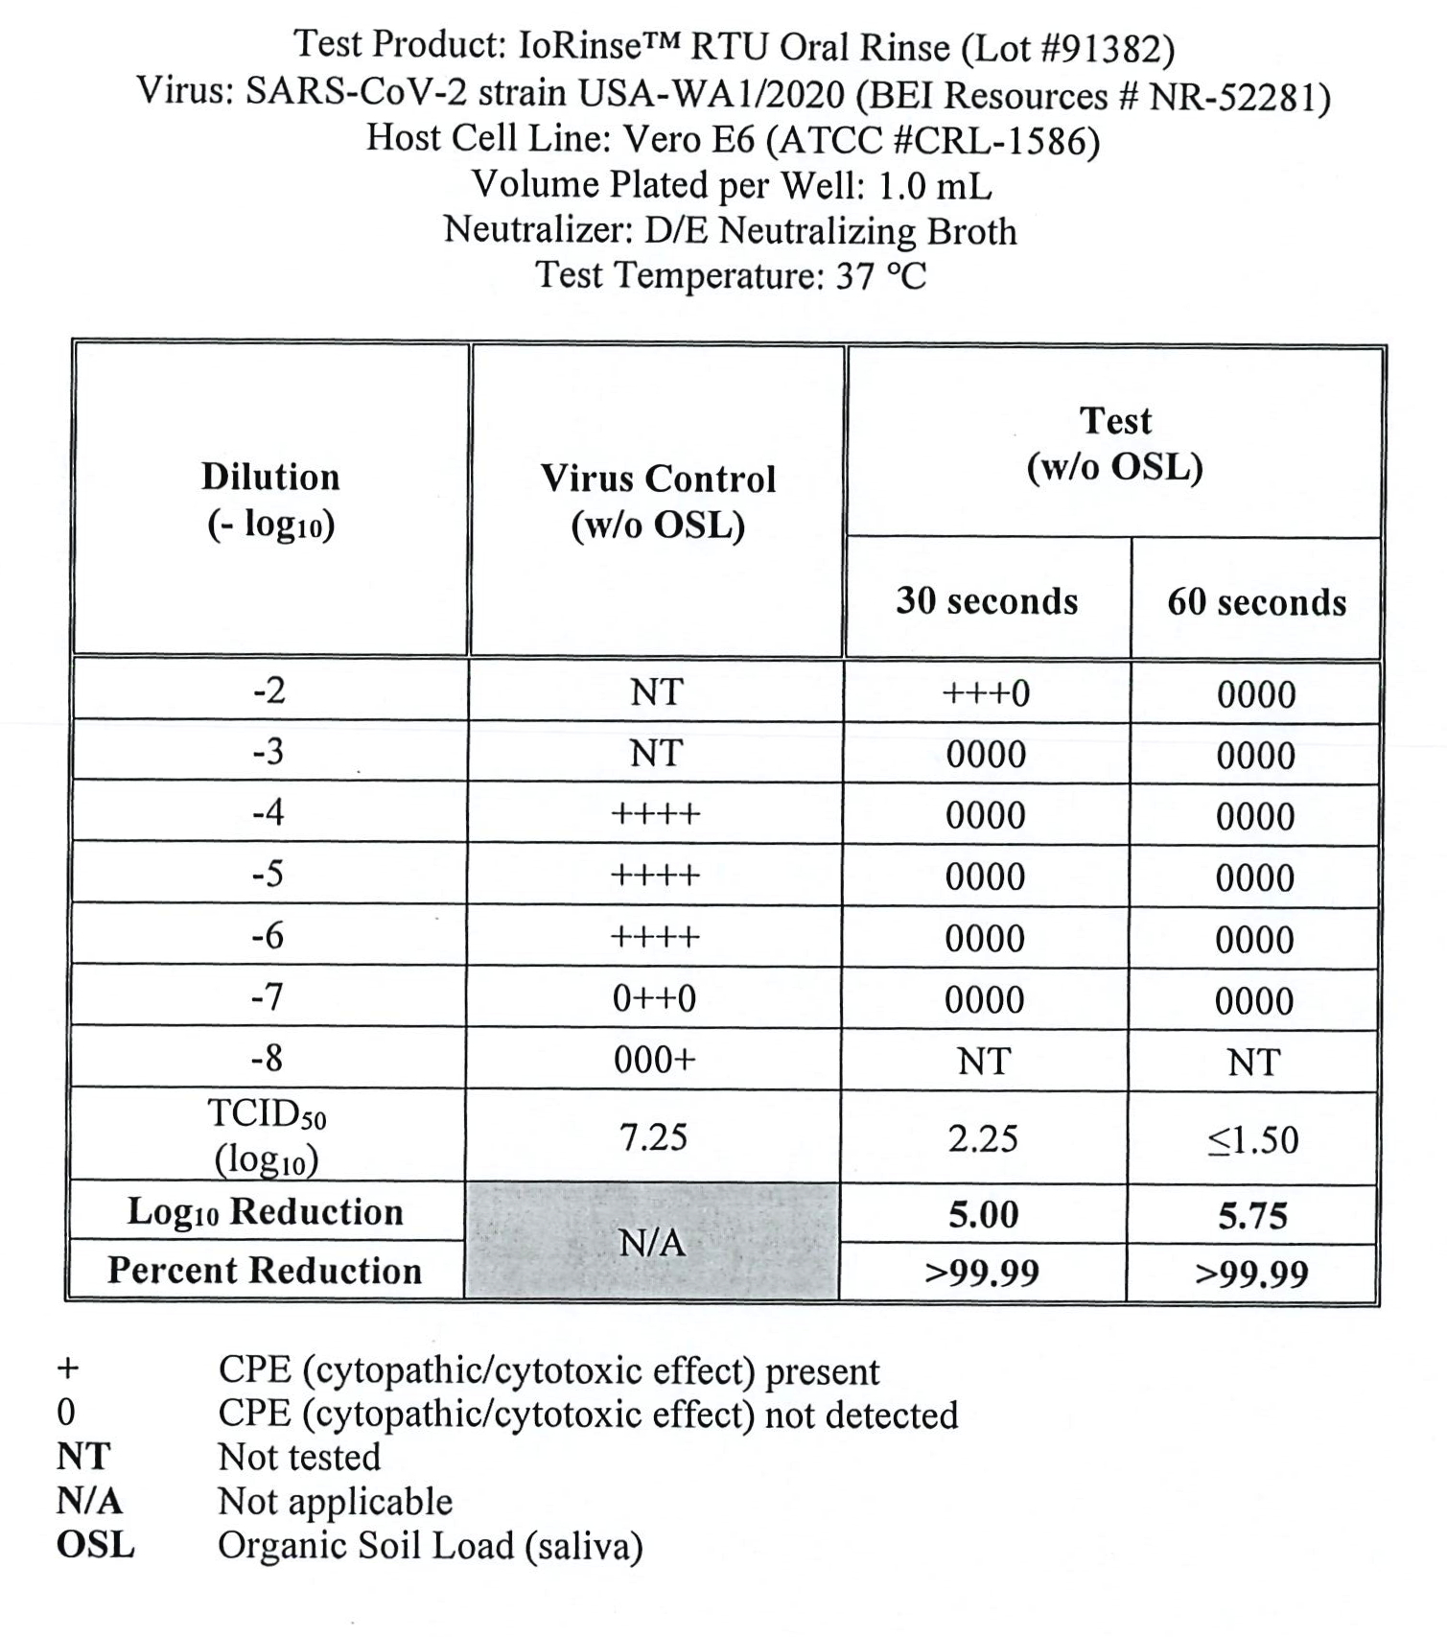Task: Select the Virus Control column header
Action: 658,502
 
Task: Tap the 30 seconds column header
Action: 987,601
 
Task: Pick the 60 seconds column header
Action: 1256,602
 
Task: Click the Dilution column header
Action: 270,500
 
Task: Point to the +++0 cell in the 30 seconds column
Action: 986,692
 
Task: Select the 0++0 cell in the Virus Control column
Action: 655,999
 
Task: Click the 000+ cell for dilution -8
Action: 655,1060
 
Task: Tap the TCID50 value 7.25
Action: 654,1137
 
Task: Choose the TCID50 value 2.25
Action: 984,1138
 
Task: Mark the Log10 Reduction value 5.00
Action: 984,1215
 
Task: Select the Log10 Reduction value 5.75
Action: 1252,1216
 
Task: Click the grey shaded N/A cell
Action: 652,1243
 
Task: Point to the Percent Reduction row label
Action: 265,1271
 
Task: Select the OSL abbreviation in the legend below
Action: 95,1545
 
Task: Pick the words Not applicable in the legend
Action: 335,1501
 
